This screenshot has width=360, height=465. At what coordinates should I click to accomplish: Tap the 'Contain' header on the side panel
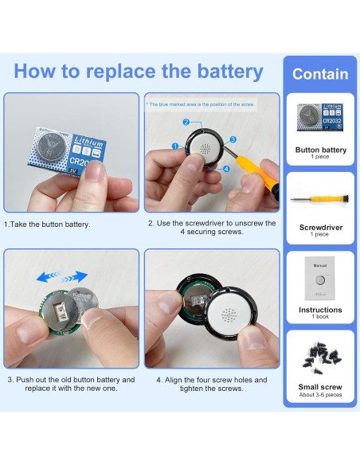(x=320, y=74)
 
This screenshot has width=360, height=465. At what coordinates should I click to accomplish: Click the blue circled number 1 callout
(x=174, y=147)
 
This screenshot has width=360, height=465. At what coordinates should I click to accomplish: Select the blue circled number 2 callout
(x=186, y=122)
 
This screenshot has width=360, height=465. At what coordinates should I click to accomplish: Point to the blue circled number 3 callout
(x=233, y=139)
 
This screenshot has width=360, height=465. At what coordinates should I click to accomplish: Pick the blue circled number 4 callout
(x=226, y=168)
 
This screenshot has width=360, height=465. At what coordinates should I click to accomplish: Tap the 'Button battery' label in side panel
(x=320, y=150)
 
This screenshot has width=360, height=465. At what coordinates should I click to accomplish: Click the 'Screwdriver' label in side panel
(x=320, y=228)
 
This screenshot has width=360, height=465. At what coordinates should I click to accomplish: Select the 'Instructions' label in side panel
(x=320, y=310)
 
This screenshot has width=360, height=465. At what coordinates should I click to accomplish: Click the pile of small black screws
(x=320, y=356)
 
